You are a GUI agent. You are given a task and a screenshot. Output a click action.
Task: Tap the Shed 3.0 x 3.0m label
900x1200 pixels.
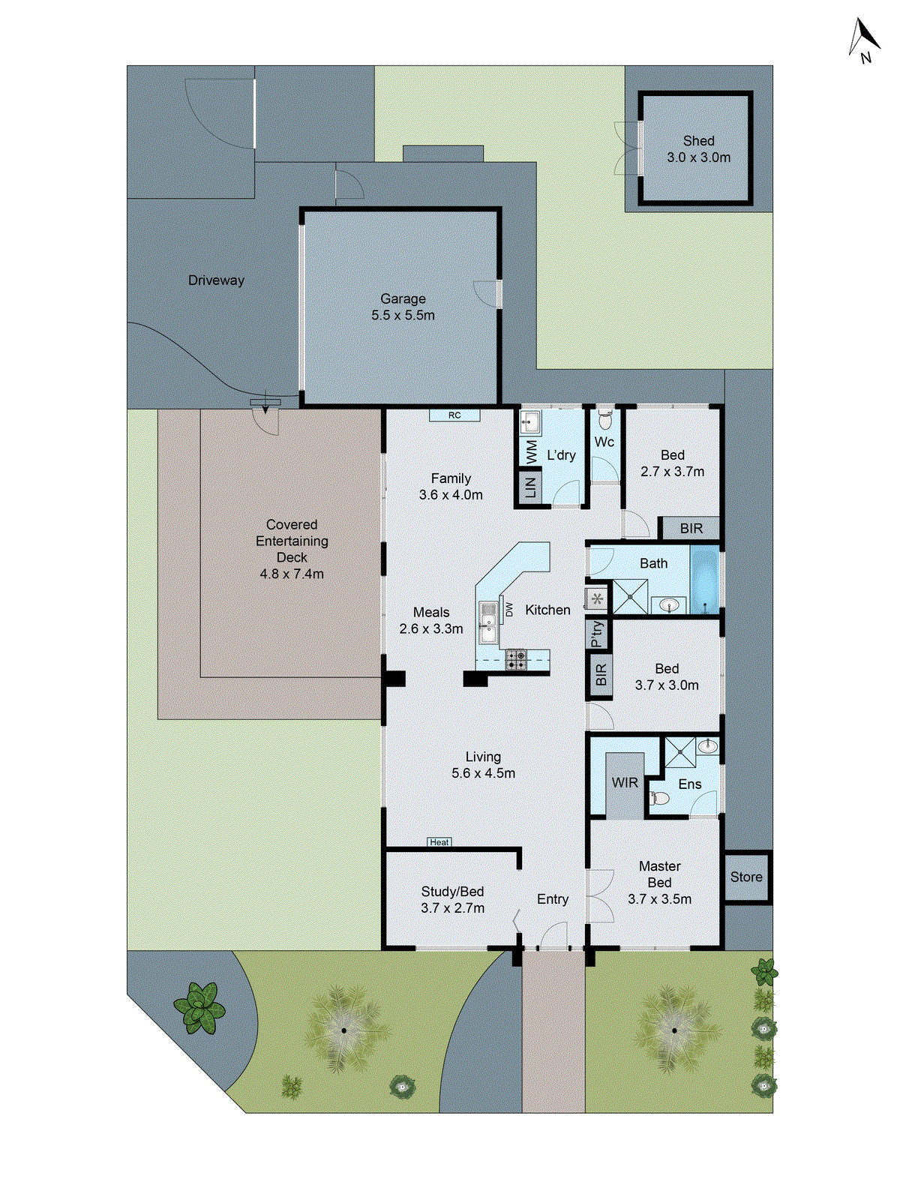[x=698, y=149]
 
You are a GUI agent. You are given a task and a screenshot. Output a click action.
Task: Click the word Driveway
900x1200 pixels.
[x=216, y=280]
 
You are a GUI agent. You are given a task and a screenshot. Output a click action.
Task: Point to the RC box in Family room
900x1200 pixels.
[x=454, y=415]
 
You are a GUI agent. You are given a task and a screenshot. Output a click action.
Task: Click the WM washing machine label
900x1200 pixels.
[x=531, y=451]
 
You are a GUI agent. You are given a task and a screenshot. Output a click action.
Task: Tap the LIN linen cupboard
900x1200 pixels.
[x=530, y=487]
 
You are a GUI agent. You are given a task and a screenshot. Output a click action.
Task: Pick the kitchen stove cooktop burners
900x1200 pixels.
[x=515, y=659]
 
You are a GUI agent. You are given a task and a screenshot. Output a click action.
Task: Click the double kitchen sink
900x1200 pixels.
[x=488, y=622]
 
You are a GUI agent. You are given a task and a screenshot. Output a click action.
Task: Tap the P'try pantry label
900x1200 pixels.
[x=597, y=634]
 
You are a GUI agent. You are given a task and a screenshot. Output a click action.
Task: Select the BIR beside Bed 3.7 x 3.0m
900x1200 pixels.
[x=600, y=675]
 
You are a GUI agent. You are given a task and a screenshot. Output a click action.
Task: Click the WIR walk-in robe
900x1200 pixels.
[x=625, y=784]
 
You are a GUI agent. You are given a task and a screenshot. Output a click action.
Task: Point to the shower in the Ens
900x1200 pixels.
[x=680, y=753]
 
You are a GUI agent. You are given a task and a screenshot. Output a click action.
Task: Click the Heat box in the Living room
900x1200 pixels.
[x=439, y=842]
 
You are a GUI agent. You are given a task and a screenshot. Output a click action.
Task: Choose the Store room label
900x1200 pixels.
[x=746, y=877]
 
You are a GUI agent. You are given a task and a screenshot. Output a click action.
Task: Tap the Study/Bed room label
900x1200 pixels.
[x=452, y=899]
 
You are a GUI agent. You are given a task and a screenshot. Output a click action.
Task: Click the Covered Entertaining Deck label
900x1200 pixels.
[x=292, y=549]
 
